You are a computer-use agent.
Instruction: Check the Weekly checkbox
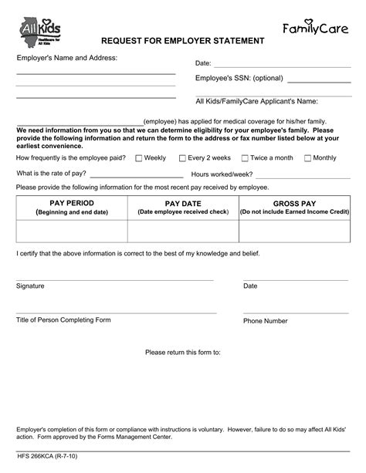138,158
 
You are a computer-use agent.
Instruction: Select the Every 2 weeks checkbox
182,158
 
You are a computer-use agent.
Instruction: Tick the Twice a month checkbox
244,158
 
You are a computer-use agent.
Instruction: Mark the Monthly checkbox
307,158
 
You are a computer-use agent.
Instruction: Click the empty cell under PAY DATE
182,231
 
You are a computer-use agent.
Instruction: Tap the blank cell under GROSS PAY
294,231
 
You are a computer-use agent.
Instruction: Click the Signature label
30,285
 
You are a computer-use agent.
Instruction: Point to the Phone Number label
266,320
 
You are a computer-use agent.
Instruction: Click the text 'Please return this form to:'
183,352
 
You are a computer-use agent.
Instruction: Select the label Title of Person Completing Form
63,319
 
